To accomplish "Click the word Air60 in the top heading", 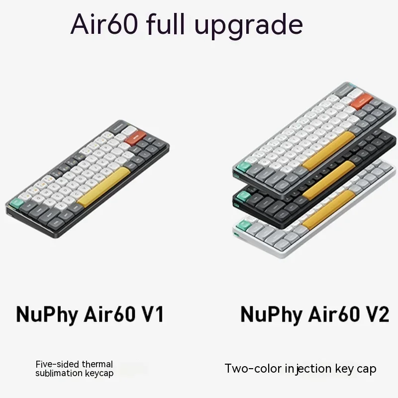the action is [104, 24].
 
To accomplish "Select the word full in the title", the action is [166, 23].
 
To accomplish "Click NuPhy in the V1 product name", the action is [47, 315].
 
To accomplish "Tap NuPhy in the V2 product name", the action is [271, 315].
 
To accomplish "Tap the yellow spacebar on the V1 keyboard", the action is [103, 187].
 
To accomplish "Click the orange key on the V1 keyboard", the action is [135, 138].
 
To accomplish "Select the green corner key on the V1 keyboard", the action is [17, 203].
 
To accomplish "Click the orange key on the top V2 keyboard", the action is [361, 101].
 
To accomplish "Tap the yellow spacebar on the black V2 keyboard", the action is [329, 180].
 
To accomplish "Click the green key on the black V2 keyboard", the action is [243, 197].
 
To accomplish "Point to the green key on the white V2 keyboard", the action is [243, 225].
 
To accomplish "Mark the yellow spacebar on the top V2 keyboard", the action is [329, 151].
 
